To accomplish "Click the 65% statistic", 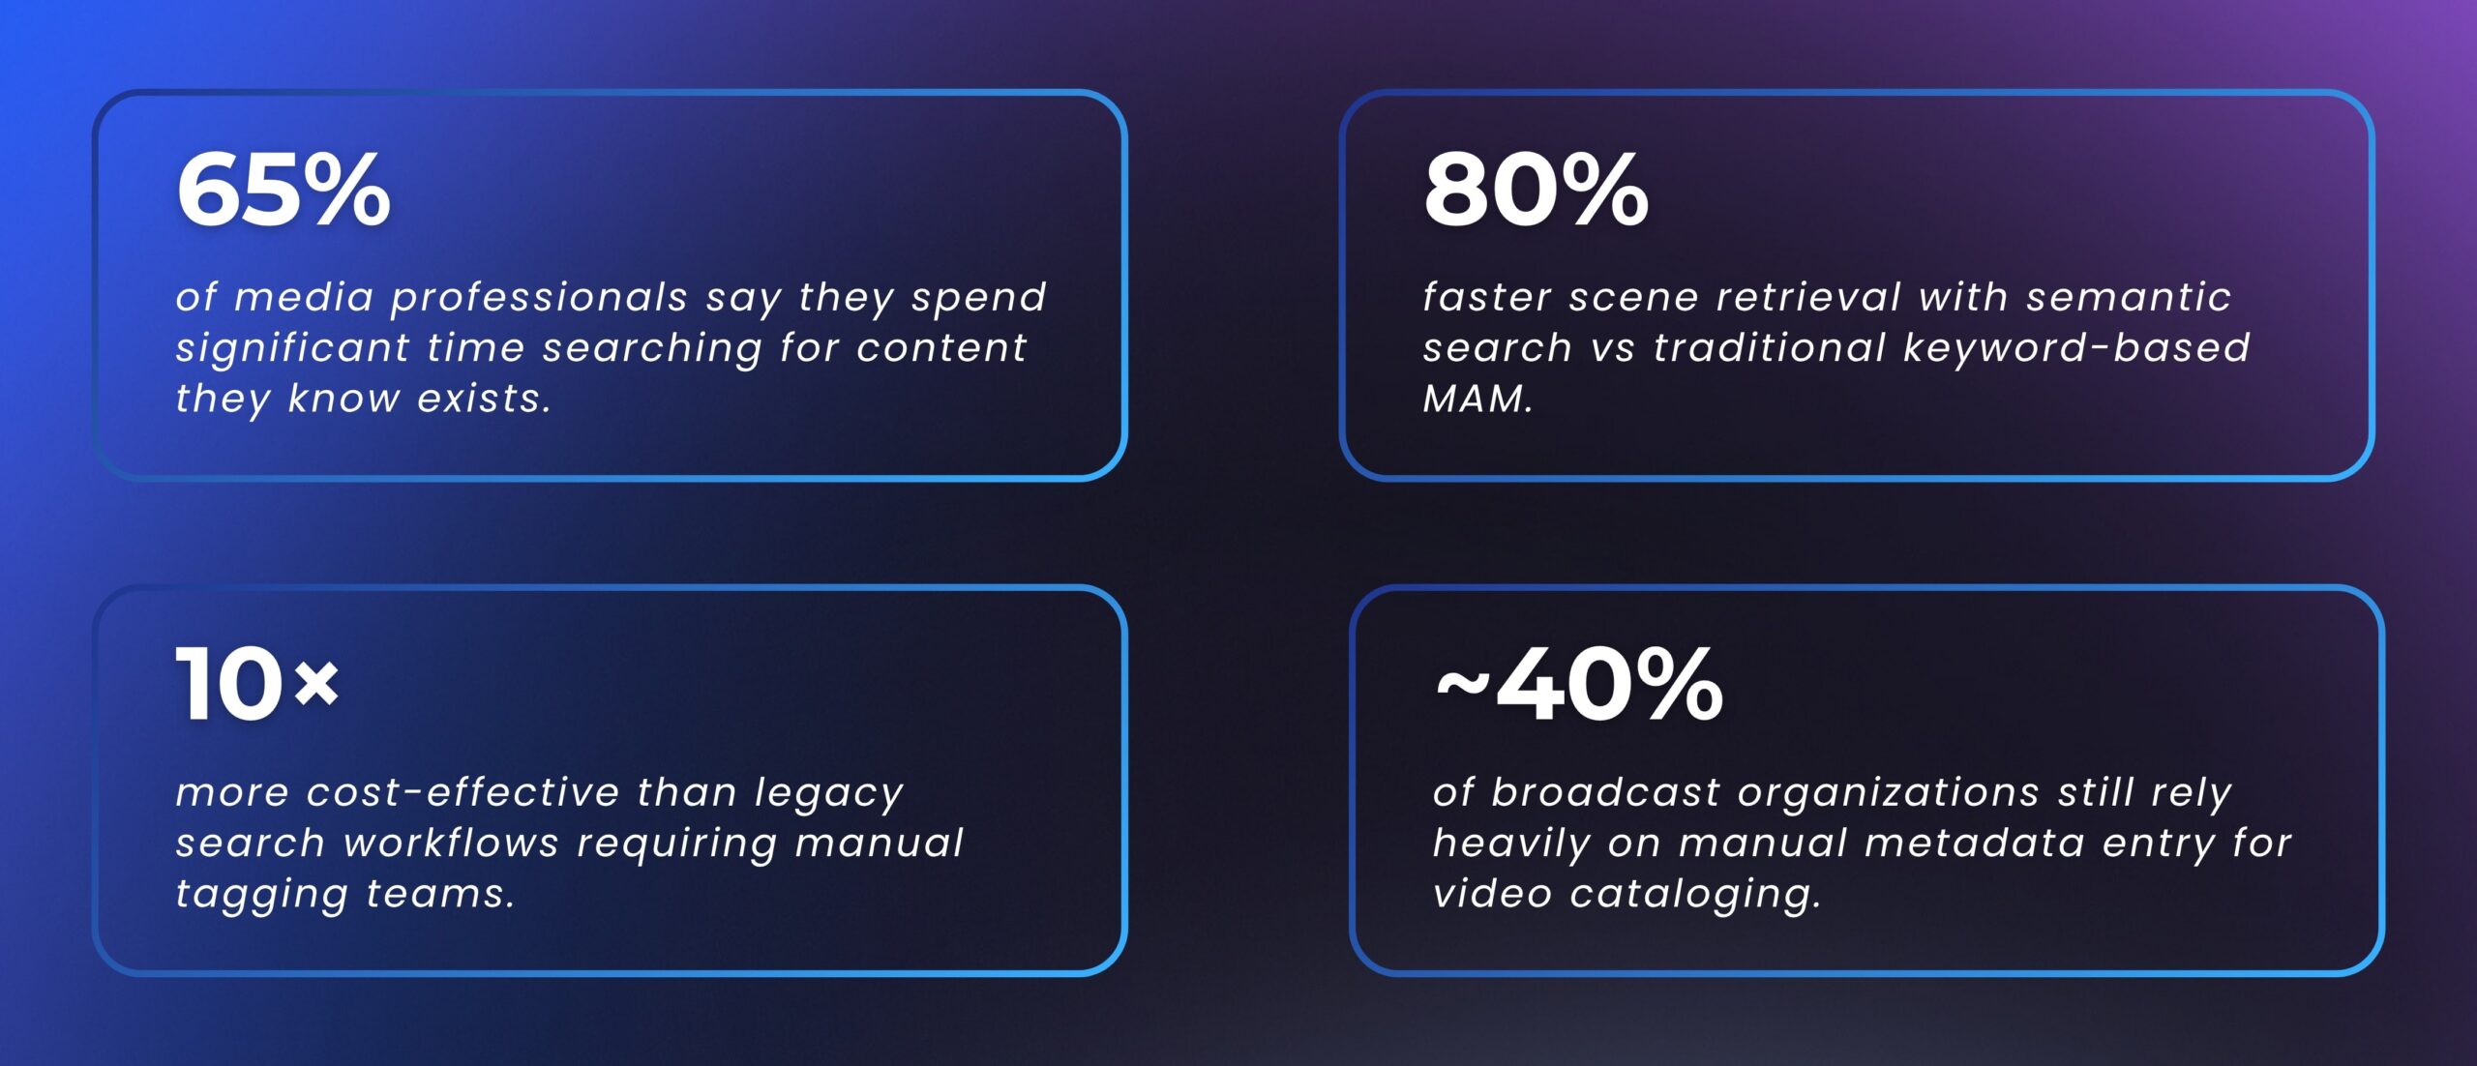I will click(284, 191).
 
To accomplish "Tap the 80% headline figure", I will click(1536, 191).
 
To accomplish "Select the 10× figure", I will click(257, 685).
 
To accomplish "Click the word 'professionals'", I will click(539, 298).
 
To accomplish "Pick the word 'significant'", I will click(292, 348).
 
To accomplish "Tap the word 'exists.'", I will click(485, 399).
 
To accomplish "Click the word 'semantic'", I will click(2129, 298).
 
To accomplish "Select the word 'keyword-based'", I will click(2076, 348).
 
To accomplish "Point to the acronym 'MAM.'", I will click(1477, 399).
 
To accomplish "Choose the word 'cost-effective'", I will click(463, 793).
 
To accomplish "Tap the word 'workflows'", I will click(451, 844).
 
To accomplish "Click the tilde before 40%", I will click(1461, 685).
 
